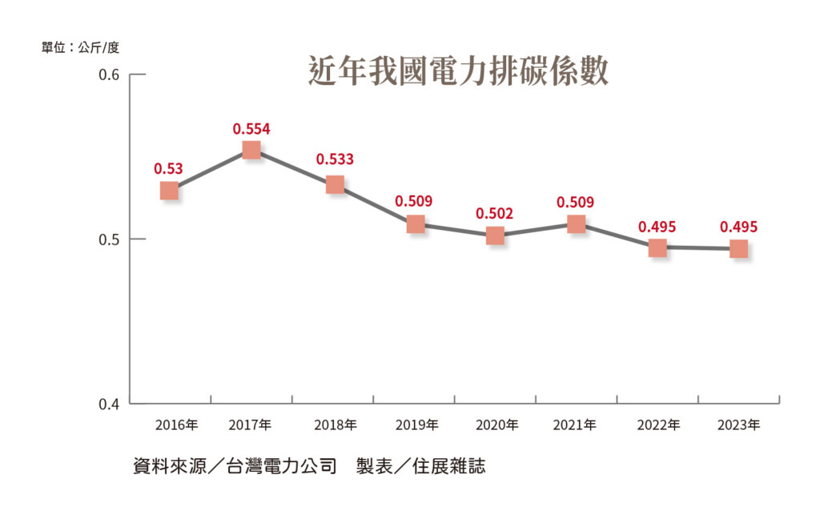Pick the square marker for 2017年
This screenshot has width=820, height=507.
[x=251, y=150]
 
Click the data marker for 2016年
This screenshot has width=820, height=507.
[x=169, y=190]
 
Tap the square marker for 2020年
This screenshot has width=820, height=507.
[x=495, y=235]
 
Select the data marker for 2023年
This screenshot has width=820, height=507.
[x=738, y=248]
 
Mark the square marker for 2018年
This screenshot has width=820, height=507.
[x=335, y=184]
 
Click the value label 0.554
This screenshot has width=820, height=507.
[x=251, y=128]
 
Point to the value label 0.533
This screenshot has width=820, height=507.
[x=335, y=159]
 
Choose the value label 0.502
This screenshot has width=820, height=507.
[x=495, y=214]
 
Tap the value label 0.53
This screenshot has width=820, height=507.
[x=169, y=168]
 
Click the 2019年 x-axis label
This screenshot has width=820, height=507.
[x=417, y=425]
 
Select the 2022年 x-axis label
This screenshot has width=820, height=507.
[x=658, y=425]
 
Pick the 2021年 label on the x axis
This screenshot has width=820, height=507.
[x=574, y=425]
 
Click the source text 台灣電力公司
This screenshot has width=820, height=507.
[x=287, y=466]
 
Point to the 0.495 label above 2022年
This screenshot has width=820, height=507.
[x=657, y=227]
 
